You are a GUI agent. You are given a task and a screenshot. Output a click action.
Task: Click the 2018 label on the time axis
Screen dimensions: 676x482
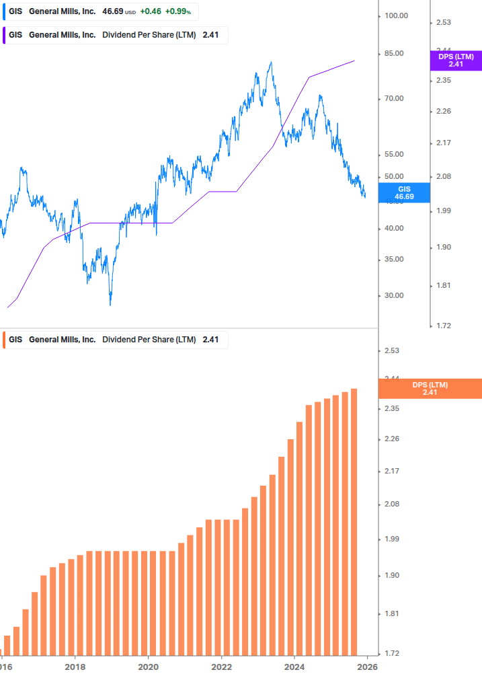click(x=75, y=667)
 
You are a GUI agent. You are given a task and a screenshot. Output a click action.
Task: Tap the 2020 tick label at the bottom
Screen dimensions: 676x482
click(x=148, y=667)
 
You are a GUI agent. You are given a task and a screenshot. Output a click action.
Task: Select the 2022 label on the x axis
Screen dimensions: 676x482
click(x=221, y=667)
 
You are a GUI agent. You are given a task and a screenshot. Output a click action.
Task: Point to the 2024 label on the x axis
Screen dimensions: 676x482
click(x=294, y=667)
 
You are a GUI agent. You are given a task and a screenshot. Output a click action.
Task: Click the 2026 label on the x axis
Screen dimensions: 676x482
click(x=366, y=667)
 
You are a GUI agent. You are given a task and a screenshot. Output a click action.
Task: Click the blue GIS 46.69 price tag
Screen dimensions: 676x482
click(x=404, y=193)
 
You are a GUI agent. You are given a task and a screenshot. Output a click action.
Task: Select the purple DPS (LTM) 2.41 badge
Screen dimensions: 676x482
click(x=456, y=61)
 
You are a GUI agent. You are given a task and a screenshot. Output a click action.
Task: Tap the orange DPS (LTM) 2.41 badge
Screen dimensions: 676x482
click(x=430, y=388)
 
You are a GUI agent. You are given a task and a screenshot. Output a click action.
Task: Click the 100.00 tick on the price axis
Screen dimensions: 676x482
click(x=397, y=15)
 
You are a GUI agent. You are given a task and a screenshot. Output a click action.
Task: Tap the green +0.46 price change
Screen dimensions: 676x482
click(x=151, y=12)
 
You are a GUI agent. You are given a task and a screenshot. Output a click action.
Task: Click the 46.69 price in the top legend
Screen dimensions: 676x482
click(x=112, y=12)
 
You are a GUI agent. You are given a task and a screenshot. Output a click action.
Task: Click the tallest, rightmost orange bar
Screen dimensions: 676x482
click(x=354, y=521)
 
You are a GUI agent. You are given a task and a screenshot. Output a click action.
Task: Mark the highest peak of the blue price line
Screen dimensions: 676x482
click(x=270, y=63)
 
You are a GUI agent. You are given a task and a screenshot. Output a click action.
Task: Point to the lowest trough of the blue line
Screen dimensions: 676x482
click(x=110, y=305)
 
